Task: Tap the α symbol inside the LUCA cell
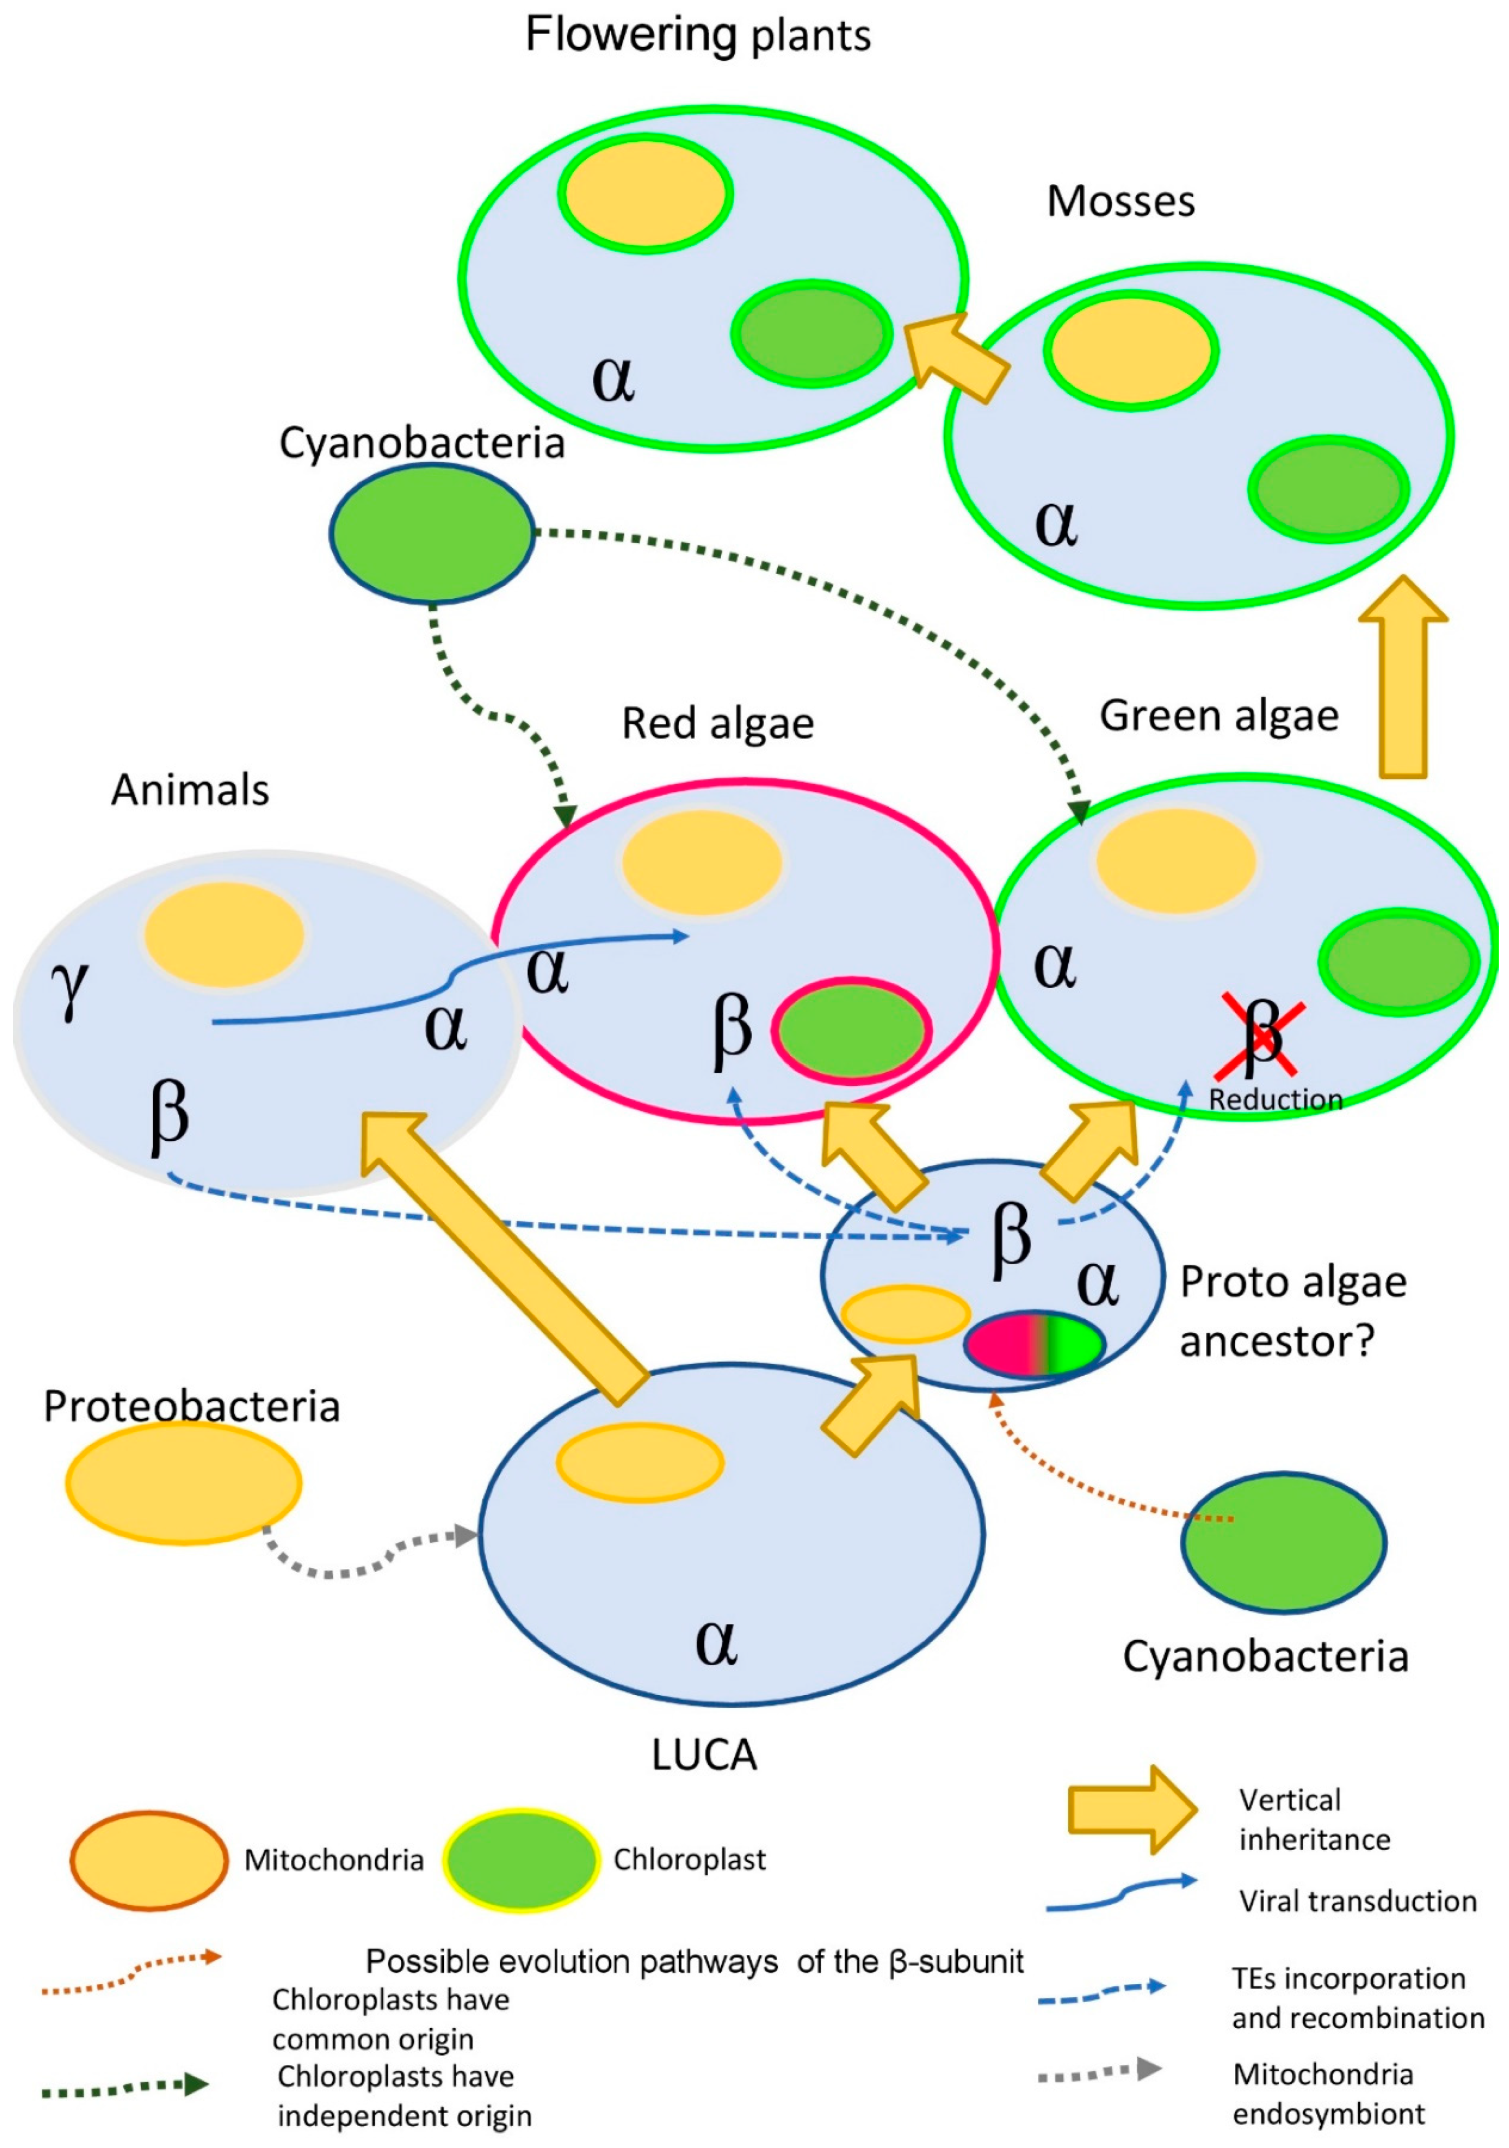(x=716, y=1641)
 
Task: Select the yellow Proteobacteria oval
(x=183, y=1482)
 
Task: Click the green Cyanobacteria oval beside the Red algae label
(x=431, y=533)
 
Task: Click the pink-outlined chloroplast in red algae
(x=851, y=1030)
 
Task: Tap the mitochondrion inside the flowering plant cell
(x=645, y=194)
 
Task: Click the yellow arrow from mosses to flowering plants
(x=954, y=355)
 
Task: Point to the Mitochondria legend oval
(x=149, y=1860)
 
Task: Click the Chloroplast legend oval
(x=521, y=1860)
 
